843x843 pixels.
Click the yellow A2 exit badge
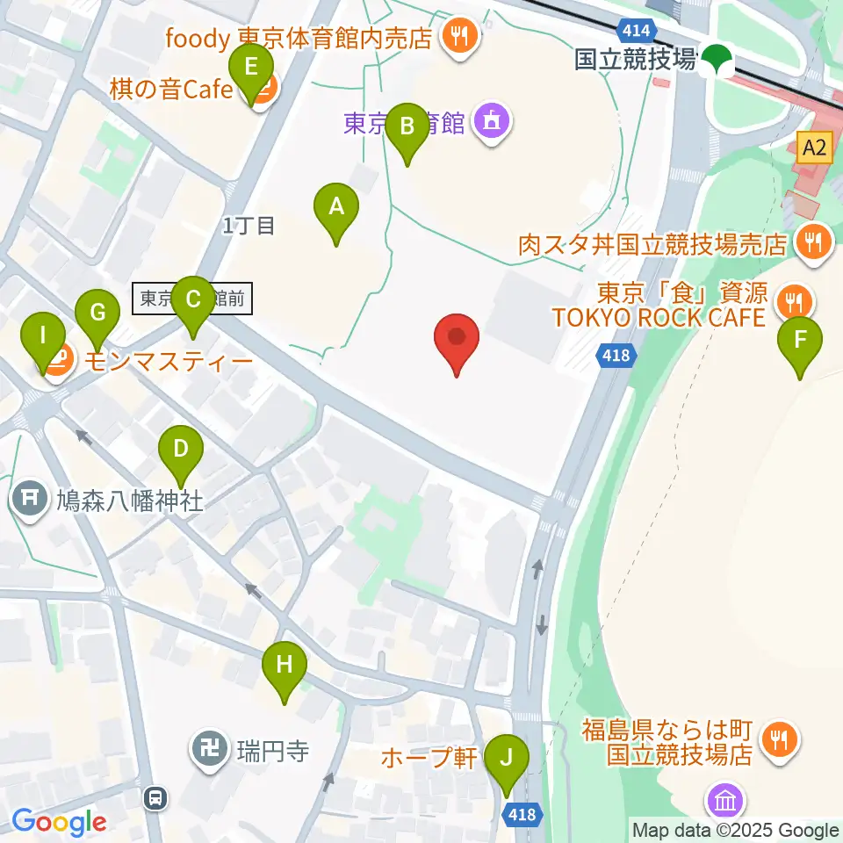[814, 148]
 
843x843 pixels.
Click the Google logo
[59, 821]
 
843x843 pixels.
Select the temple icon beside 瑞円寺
[210, 751]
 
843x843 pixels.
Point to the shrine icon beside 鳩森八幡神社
[30, 500]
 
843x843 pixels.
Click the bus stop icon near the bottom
[155, 797]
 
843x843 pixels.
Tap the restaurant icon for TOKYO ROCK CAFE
[795, 302]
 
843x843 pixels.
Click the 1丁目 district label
[249, 226]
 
